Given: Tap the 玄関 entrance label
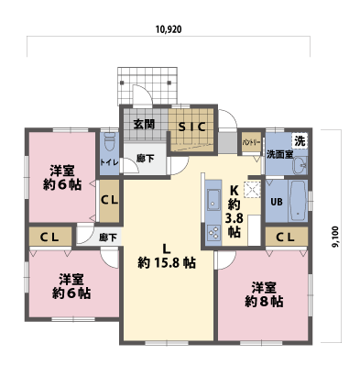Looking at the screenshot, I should [x=144, y=126].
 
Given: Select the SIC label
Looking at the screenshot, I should [x=191, y=127].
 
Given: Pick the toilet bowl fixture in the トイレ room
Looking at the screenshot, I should [x=110, y=143].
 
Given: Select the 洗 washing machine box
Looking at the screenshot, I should [x=299, y=141].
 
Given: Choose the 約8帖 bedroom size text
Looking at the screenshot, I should [x=263, y=300].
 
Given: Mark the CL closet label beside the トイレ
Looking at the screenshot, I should [x=109, y=199].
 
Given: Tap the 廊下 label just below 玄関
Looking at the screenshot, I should [x=145, y=158].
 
